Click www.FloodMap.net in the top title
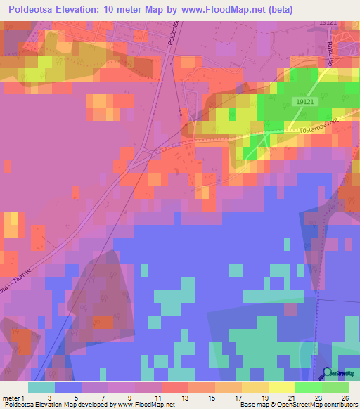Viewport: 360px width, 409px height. tap(225, 9)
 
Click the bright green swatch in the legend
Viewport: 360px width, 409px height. tap(308, 387)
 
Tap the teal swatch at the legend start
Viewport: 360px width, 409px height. tap(41, 387)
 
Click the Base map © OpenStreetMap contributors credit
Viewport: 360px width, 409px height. tap(298, 404)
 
